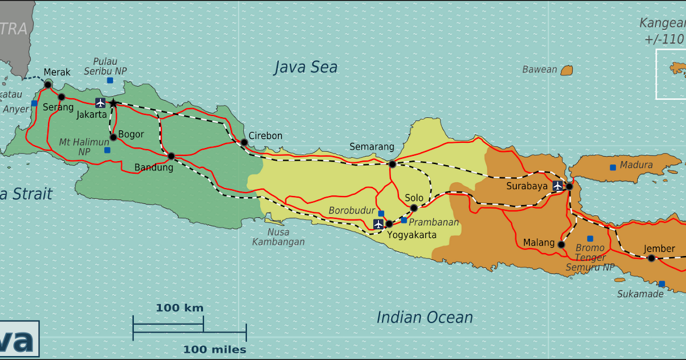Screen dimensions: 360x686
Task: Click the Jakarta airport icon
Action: click(x=101, y=103)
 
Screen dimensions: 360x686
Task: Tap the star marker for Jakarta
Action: click(x=113, y=103)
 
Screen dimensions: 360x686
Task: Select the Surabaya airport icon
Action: click(x=557, y=186)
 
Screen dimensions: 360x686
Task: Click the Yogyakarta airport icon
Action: click(x=378, y=224)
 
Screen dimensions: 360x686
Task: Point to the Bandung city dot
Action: click(x=171, y=156)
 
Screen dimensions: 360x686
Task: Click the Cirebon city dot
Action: click(x=244, y=142)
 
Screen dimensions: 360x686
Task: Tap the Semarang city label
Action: click(x=372, y=147)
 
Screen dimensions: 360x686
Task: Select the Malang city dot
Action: click(x=561, y=245)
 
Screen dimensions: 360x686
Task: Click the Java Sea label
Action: click(x=305, y=67)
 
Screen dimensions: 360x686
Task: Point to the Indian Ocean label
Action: click(x=424, y=318)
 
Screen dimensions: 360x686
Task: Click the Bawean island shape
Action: click(x=567, y=70)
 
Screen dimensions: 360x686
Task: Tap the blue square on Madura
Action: click(x=613, y=167)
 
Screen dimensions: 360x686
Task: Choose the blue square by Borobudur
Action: click(x=381, y=214)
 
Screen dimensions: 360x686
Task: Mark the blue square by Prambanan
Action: click(x=404, y=220)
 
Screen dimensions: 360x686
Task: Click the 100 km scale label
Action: click(x=180, y=308)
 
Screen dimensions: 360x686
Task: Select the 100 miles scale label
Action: click(x=215, y=349)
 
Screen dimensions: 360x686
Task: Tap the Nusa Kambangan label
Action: click(x=278, y=237)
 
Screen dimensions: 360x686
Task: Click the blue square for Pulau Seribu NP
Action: click(x=110, y=81)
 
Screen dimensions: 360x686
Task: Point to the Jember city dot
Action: click(x=651, y=258)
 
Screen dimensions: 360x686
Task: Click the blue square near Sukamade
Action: click(x=662, y=284)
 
